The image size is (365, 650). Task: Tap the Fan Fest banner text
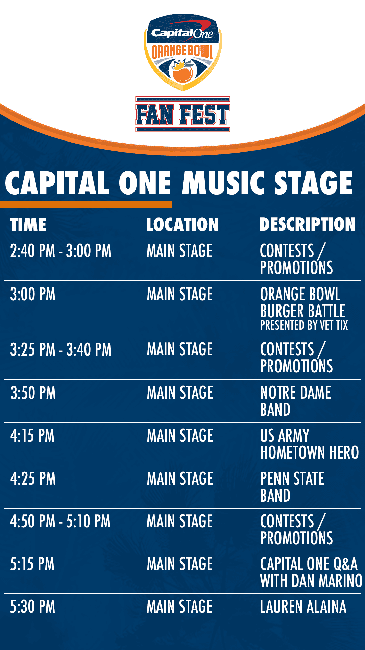(x=182, y=114)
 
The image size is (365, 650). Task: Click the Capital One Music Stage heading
(x=179, y=183)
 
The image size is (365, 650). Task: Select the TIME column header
(x=28, y=224)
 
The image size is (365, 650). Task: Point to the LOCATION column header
(x=182, y=224)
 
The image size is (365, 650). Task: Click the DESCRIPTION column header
(x=308, y=224)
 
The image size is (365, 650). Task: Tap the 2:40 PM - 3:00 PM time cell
(x=60, y=251)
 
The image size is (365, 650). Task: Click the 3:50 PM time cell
(x=33, y=393)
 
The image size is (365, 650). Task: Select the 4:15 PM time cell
(x=32, y=436)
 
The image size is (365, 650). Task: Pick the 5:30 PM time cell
(x=32, y=607)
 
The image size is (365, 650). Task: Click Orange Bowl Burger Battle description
(x=302, y=303)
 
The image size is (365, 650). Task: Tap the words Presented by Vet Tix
(x=304, y=325)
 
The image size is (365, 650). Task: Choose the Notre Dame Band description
(x=295, y=401)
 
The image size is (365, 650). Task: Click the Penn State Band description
(x=292, y=487)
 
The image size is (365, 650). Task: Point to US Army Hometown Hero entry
(x=309, y=444)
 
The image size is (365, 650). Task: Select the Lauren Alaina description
(x=303, y=607)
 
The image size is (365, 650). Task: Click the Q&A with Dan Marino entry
(x=311, y=572)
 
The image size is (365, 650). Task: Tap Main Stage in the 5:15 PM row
(x=180, y=564)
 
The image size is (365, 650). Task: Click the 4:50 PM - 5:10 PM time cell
(x=60, y=521)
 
